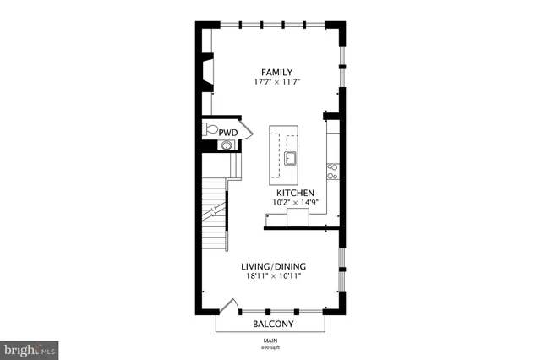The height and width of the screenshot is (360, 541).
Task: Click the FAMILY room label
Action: [x=278, y=72]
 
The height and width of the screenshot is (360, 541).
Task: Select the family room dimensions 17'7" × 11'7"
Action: [x=278, y=82]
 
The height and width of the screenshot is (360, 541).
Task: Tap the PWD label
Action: [x=228, y=133]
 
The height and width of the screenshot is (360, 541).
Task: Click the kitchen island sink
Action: [x=291, y=158]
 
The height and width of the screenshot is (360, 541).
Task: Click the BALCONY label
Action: [x=273, y=324]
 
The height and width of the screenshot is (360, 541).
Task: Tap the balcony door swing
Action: [x=227, y=307]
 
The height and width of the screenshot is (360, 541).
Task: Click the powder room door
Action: [x=246, y=132]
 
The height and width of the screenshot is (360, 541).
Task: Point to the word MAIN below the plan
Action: [x=270, y=340]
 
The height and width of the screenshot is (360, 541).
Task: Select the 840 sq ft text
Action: [x=270, y=347]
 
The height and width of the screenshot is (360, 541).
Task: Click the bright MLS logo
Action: [x=30, y=348]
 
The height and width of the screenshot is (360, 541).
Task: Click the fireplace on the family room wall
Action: [x=206, y=72]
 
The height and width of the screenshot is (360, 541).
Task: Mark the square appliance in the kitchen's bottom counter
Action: [x=298, y=219]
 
